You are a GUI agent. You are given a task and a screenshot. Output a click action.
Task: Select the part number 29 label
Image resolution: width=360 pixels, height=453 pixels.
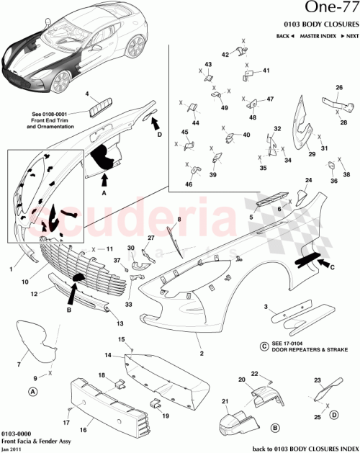pyautogui.click(x=311, y=154)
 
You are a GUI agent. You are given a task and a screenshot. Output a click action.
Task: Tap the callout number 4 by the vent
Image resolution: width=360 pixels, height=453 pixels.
pyautogui.click(x=87, y=95)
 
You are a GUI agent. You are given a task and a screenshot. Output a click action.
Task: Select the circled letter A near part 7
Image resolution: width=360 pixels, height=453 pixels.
pyautogui.click(x=32, y=392)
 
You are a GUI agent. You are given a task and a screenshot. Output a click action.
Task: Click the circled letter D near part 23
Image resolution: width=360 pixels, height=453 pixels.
pyautogui.click(x=334, y=416)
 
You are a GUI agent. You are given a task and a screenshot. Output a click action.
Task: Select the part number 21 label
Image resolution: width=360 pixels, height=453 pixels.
pyautogui.click(x=225, y=401)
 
